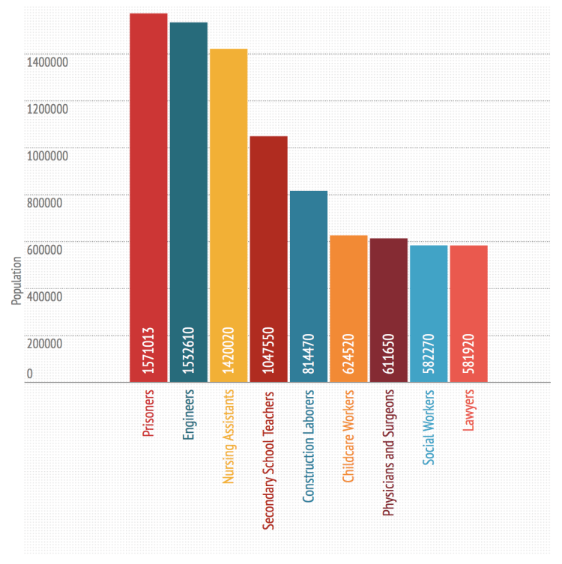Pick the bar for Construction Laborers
(x=309, y=262)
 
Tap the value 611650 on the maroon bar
(x=389, y=353)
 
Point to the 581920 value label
(x=469, y=353)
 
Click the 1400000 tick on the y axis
(x=48, y=62)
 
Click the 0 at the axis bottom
(x=30, y=374)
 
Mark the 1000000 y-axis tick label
(x=48, y=156)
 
